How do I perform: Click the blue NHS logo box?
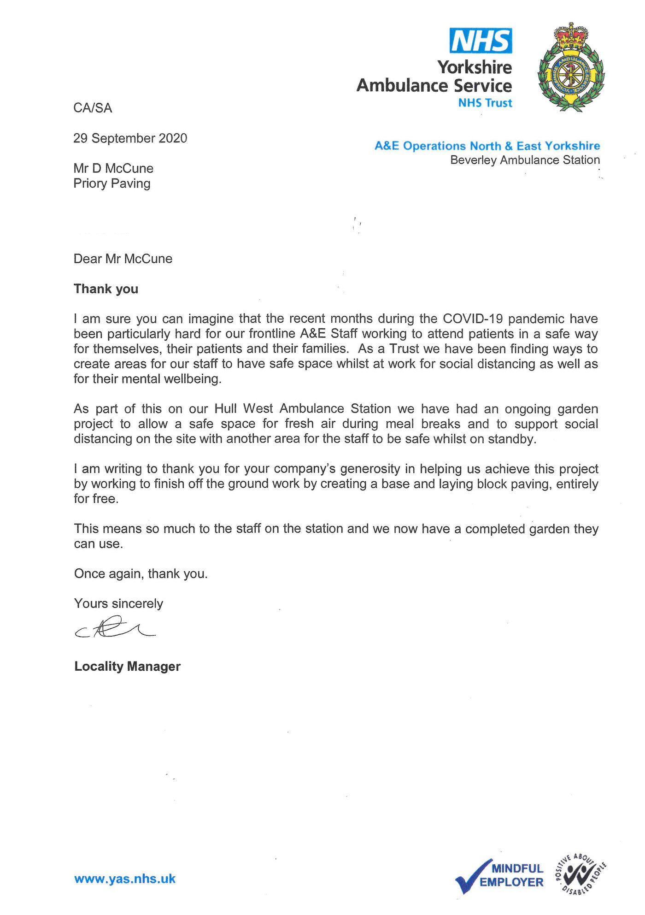(481, 41)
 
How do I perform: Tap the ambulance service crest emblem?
(571, 67)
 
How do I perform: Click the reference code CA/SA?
(93, 108)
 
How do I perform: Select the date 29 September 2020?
(130, 138)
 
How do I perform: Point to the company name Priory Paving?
(112, 183)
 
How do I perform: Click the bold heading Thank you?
(106, 289)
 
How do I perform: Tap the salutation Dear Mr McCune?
(123, 259)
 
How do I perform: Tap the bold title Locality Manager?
(128, 667)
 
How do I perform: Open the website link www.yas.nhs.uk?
(125, 879)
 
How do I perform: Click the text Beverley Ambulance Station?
(525, 160)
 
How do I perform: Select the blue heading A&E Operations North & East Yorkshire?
(487, 146)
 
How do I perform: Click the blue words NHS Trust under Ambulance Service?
(485, 103)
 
